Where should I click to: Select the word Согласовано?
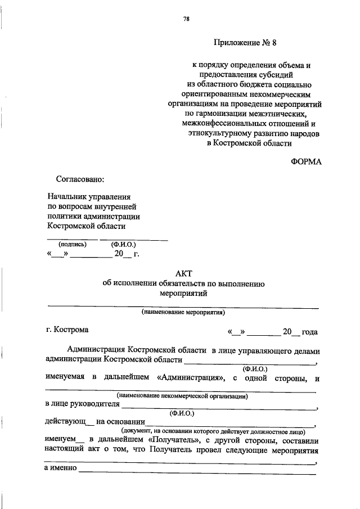(80, 179)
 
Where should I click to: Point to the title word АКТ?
(183, 273)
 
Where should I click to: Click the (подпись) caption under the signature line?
(73, 245)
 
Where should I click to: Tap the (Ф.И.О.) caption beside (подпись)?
(123, 245)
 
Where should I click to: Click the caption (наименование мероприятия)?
(183, 311)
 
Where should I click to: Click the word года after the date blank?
(310, 331)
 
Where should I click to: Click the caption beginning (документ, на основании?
(209, 430)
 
